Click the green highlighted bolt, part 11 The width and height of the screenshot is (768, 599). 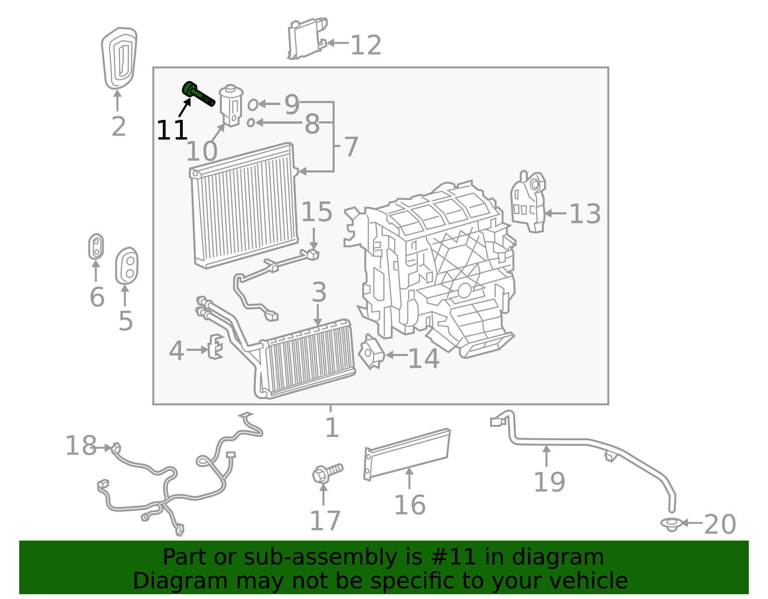[198, 94]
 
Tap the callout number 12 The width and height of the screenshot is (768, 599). [366, 46]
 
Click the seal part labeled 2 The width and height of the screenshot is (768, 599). [119, 58]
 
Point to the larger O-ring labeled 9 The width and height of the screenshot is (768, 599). [252, 104]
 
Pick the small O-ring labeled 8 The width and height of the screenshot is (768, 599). [251, 123]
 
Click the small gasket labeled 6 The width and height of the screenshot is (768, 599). [96, 247]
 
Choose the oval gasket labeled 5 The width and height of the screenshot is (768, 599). [127, 266]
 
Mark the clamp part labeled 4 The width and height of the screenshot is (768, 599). [216, 346]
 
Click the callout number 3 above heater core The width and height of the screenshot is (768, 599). [319, 292]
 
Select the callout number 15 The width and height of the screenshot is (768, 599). [317, 211]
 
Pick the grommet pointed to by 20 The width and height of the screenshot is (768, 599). [671, 524]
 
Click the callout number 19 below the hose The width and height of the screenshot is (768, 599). [549, 482]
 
